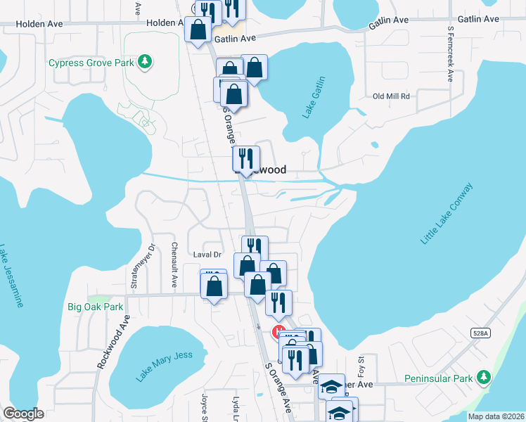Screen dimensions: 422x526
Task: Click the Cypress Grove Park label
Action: click(x=91, y=63)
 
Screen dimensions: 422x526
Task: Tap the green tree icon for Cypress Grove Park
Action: click(x=145, y=63)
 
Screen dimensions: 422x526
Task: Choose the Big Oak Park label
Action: click(x=95, y=307)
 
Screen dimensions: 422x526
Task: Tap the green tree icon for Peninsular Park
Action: click(x=483, y=378)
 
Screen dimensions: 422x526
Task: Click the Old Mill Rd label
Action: click(x=391, y=96)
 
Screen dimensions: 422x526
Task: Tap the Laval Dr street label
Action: click(x=207, y=255)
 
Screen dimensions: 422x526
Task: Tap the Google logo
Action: click(x=24, y=413)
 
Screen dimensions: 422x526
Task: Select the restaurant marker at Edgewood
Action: click(x=245, y=158)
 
